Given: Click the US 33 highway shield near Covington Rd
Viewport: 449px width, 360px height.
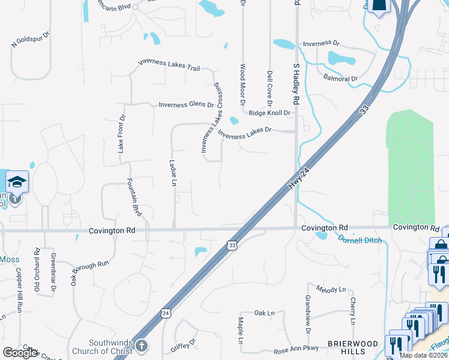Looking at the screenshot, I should (232, 245).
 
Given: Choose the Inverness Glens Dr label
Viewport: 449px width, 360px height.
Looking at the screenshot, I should (186, 104).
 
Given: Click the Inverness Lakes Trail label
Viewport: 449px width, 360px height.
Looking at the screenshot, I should (169, 64).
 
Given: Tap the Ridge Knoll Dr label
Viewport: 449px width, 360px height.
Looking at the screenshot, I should (270, 113).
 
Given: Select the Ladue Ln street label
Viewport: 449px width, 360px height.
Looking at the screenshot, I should (173, 172).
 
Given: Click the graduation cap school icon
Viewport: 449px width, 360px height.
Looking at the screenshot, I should (17, 181).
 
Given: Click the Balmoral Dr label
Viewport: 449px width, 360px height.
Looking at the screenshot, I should (340, 79).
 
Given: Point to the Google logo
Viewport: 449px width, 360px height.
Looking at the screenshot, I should (20, 353).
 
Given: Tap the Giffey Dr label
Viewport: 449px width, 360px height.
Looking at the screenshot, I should (184, 344).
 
